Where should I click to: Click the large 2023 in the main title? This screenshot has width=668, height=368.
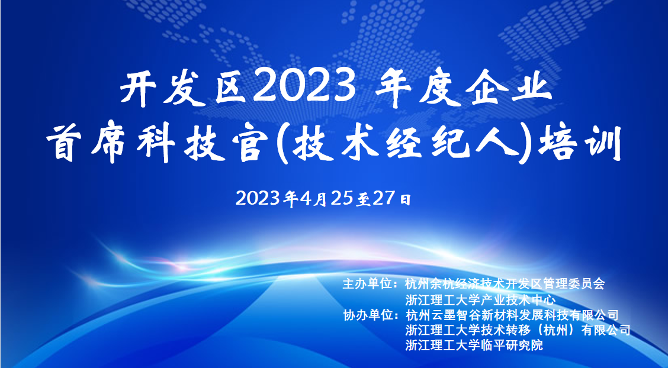304,88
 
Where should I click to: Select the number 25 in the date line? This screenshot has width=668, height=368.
342,198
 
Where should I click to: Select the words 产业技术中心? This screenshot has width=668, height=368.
518,299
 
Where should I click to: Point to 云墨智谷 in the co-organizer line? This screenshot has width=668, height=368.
455,315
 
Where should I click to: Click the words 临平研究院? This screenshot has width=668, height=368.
512,345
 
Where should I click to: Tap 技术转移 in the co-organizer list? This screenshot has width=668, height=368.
505,330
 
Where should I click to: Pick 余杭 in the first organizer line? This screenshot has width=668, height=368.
443,284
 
